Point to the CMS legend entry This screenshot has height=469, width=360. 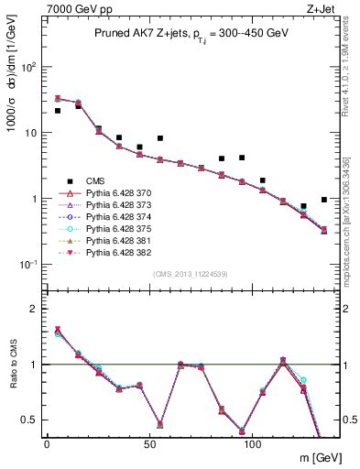82,182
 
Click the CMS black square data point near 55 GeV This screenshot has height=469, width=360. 160,138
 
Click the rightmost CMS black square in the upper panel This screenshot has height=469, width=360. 324,200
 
